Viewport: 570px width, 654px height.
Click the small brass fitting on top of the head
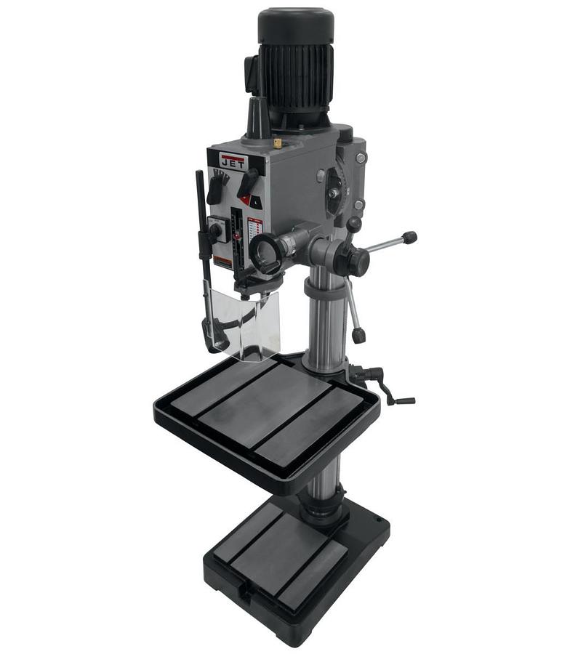pos(278,143)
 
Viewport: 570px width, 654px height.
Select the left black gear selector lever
pos(216,187)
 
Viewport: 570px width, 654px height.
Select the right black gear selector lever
pos(247,182)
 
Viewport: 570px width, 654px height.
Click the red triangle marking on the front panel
pos(246,199)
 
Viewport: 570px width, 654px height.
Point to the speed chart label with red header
pos(254,231)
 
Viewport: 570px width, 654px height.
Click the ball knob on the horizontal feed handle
pos(410,237)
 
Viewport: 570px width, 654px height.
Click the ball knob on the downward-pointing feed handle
pos(358,335)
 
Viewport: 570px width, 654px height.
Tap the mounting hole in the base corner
pos(377,520)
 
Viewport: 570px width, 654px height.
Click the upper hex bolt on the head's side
pos(361,158)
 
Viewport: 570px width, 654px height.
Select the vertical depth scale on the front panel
pos(236,240)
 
